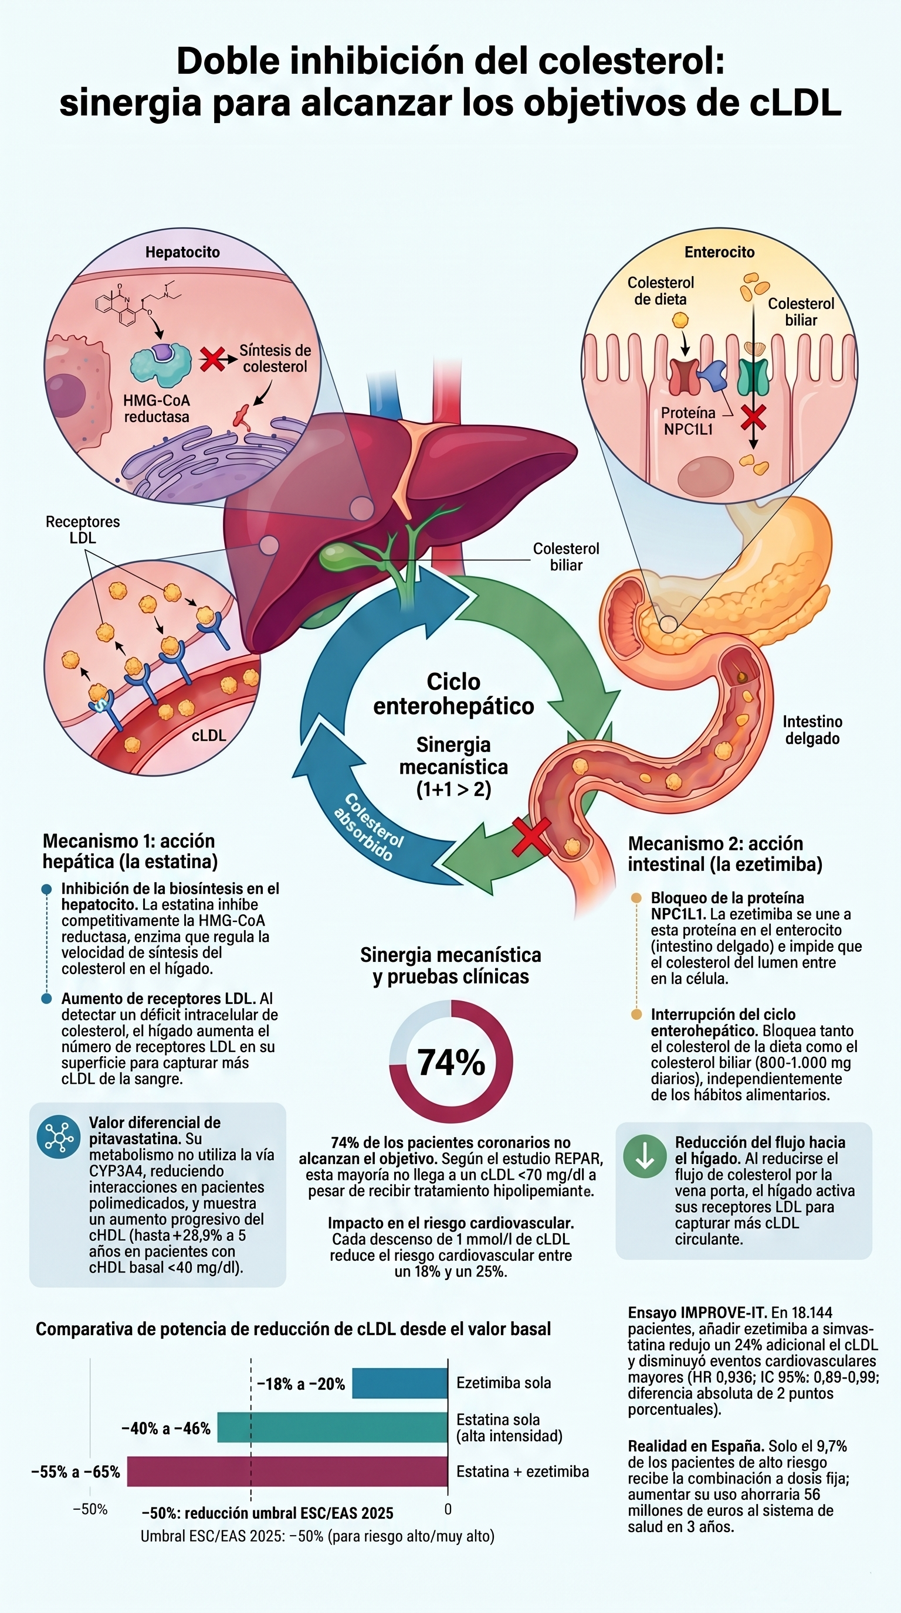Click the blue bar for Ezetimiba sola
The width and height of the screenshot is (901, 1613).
[x=399, y=1383]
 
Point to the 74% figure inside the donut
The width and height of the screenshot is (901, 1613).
[x=451, y=1063]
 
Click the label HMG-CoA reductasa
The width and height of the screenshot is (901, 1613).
[x=157, y=409]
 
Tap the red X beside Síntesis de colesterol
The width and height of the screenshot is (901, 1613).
[x=212, y=359]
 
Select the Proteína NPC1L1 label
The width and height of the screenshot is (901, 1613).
[x=688, y=421]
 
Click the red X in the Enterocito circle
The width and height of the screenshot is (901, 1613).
[x=753, y=417]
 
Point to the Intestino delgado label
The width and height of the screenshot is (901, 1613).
[x=812, y=730]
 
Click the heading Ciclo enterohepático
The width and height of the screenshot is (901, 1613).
[x=453, y=693]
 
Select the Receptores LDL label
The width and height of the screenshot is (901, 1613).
[x=83, y=530]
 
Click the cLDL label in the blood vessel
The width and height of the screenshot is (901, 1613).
[x=209, y=735]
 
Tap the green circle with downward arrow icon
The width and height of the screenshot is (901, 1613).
[x=645, y=1156]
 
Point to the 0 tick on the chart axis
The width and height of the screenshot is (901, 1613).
[x=448, y=1509]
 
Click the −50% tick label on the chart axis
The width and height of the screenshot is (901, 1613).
[x=90, y=1509]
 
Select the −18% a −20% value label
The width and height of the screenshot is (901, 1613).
[x=302, y=1384]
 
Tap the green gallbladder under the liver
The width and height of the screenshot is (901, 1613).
[x=343, y=556]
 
